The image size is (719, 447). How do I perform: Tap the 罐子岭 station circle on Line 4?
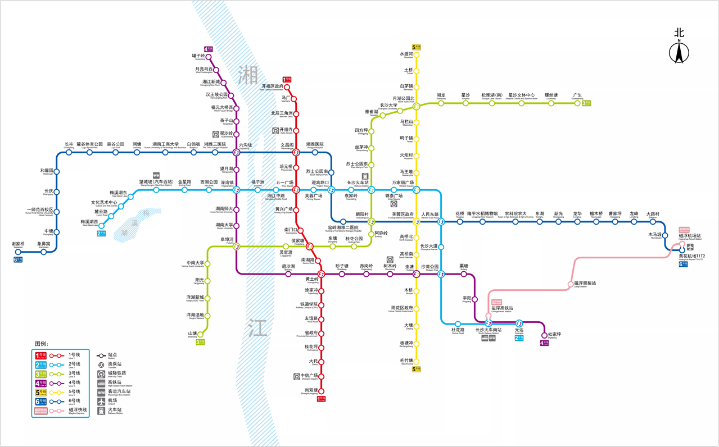209,57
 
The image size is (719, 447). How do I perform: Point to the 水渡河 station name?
406,54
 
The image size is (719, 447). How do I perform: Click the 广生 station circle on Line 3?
577,103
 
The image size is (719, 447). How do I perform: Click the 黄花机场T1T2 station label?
691,256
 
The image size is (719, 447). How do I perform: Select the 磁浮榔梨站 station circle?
570,284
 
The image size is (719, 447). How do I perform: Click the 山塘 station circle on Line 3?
200,334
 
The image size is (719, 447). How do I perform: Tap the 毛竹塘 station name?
406,361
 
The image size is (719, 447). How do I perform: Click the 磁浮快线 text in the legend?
78,410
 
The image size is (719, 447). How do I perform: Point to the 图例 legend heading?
42,344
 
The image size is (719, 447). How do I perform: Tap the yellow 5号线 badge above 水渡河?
417,47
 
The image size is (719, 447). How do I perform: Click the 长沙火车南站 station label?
489,330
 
